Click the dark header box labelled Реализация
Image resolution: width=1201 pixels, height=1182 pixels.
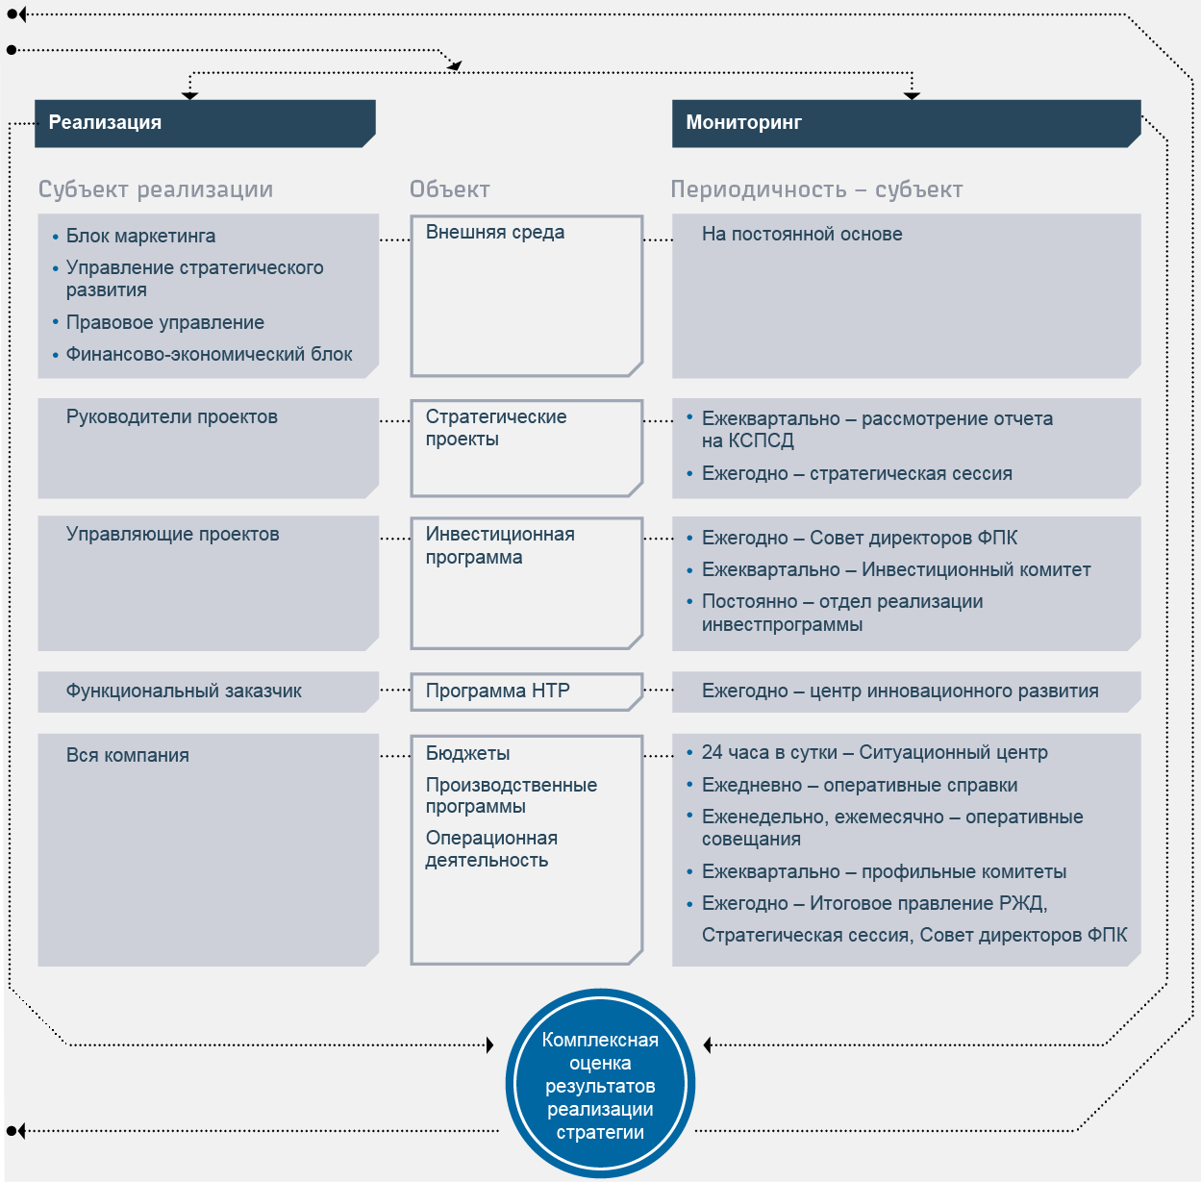coord(205,123)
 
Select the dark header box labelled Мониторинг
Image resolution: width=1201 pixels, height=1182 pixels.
coord(906,123)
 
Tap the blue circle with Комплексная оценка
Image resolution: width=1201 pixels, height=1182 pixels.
coord(600,1084)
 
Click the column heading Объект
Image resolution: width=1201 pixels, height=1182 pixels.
coord(449,189)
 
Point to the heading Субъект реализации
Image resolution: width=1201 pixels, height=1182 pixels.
coord(156,189)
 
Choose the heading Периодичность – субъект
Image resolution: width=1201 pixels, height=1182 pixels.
coord(816,189)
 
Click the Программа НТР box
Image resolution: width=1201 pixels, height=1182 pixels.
coord(527,692)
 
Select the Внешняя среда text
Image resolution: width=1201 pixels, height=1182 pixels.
coord(495,233)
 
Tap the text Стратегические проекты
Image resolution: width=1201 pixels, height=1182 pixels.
coord(496,428)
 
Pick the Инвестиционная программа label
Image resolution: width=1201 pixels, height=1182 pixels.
coord(500,545)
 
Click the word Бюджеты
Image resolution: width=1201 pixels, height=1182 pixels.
coord(467,753)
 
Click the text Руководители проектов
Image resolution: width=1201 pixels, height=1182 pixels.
coord(172,416)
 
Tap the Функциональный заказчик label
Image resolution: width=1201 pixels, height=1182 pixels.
coord(184,691)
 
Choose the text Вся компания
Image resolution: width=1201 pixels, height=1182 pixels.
coord(128,755)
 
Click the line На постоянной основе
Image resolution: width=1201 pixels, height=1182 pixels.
coord(802,234)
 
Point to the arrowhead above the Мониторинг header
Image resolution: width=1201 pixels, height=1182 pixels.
coord(912,95)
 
